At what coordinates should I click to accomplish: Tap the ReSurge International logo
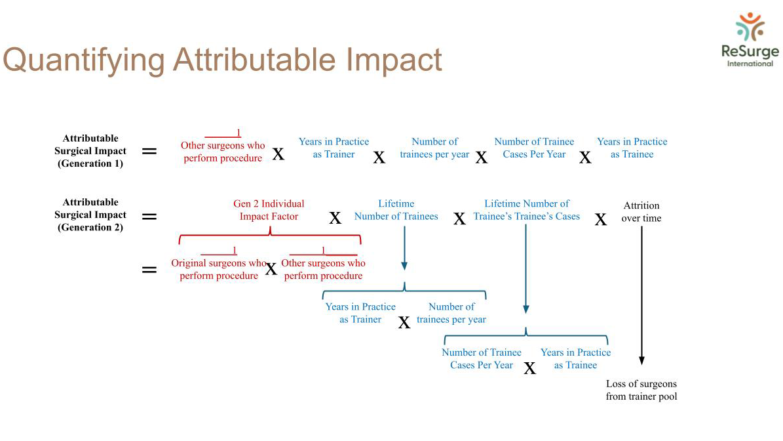[750, 40]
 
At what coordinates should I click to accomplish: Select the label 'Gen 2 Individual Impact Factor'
[269, 210]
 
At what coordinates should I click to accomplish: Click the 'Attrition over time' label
[641, 211]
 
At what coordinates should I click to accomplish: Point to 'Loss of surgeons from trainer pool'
[641, 390]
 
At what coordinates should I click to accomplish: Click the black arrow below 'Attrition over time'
[641, 295]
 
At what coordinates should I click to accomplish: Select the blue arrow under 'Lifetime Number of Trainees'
[404, 248]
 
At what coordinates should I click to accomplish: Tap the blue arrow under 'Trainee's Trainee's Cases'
[526, 269]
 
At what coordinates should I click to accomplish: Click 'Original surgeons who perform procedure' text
[219, 269]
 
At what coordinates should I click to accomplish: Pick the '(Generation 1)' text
[90, 163]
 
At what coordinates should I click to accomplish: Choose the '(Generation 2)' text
[90, 228]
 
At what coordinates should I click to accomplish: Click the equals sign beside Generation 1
[149, 151]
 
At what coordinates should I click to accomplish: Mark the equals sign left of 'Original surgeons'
[149, 270]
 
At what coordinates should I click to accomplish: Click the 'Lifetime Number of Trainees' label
[396, 210]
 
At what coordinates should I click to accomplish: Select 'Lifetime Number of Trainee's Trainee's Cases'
[526, 210]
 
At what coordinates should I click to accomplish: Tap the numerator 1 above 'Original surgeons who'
[234, 250]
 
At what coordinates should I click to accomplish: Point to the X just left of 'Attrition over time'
[601, 219]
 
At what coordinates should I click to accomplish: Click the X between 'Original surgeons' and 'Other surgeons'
[271, 270]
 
